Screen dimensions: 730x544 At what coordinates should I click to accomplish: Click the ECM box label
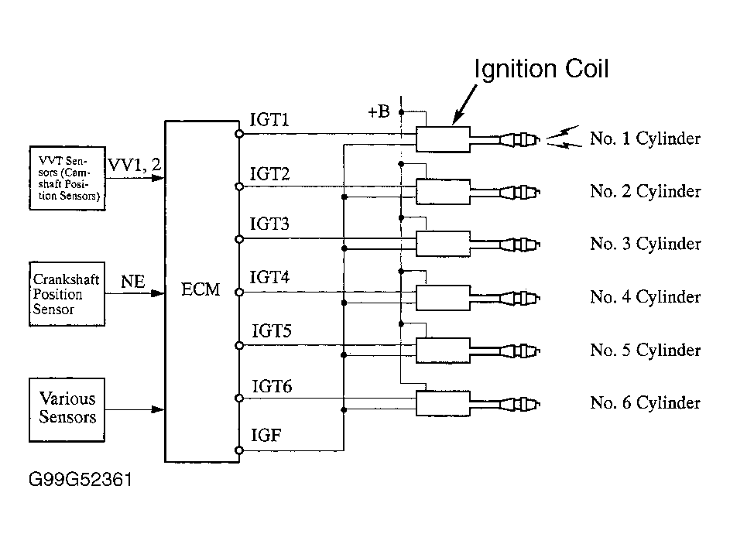[x=200, y=289]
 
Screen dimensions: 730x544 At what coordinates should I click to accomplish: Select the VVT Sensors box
[x=67, y=178]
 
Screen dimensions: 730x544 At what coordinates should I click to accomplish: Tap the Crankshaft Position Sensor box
[x=67, y=293]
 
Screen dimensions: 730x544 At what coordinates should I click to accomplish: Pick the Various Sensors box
[x=67, y=409]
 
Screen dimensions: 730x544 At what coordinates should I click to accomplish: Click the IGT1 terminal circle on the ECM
[x=239, y=134]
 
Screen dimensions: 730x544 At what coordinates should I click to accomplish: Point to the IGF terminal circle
[x=239, y=450]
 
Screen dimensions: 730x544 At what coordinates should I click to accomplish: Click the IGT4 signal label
[x=269, y=277]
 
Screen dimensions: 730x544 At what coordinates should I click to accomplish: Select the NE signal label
[x=133, y=281]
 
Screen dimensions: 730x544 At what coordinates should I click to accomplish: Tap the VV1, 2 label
[x=135, y=164]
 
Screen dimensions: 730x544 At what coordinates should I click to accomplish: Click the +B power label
[x=379, y=111]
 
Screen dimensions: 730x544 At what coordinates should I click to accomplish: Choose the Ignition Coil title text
[x=541, y=69]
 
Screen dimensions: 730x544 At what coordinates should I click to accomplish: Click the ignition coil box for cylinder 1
[x=444, y=139]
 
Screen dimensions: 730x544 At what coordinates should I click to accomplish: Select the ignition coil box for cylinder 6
[x=444, y=403]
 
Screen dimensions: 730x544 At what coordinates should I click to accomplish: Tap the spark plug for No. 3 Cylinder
[x=519, y=245]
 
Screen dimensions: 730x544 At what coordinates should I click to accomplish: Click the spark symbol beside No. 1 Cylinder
[x=564, y=138]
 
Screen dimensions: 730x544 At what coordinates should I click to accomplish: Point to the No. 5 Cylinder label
[x=646, y=350]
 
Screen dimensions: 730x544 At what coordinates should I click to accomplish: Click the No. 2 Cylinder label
[x=646, y=191]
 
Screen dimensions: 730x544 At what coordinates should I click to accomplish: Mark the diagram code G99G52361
[x=81, y=479]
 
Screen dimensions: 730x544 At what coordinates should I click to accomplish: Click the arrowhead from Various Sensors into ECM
[x=158, y=409]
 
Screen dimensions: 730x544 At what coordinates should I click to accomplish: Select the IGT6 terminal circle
[x=239, y=399]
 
